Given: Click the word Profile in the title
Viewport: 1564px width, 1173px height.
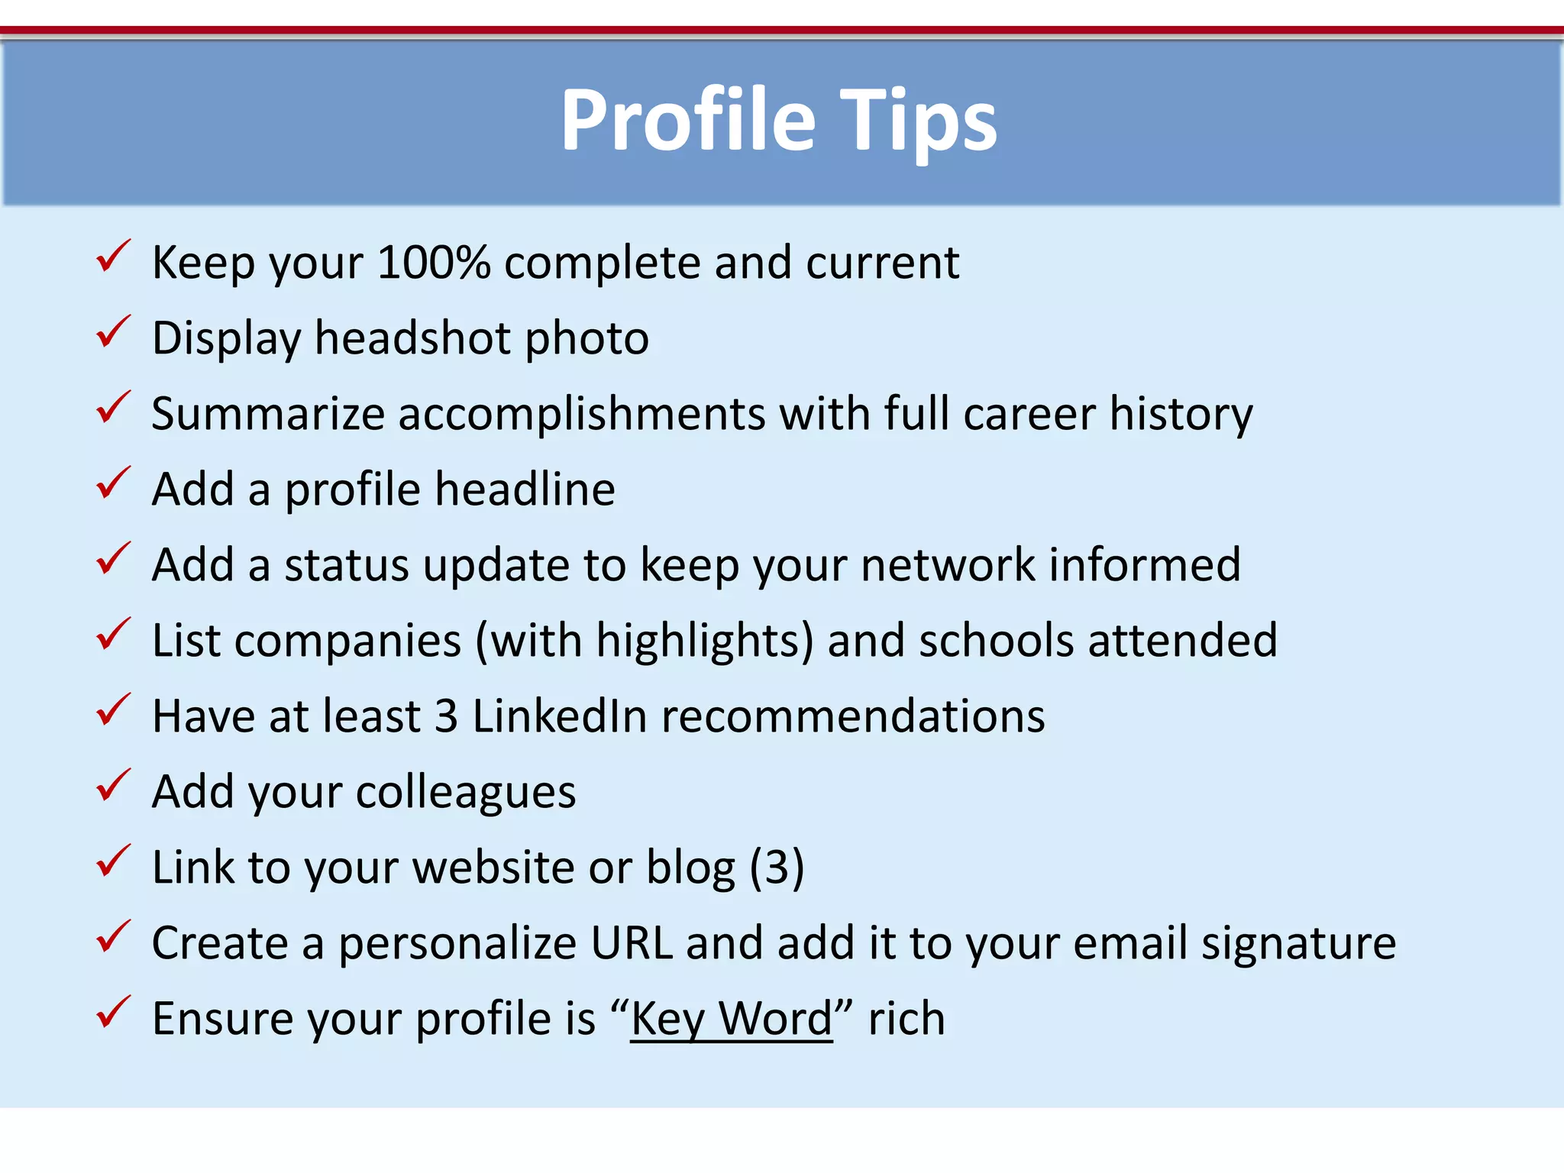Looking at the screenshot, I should (x=687, y=121).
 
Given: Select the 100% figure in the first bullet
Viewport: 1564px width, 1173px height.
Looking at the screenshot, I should (x=433, y=263).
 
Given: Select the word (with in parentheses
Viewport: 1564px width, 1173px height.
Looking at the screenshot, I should (x=528, y=640).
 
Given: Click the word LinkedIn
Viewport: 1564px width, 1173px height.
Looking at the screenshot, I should (x=559, y=716).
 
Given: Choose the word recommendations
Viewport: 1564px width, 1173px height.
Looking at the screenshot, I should (x=853, y=716).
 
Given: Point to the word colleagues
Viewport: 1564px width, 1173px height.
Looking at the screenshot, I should (x=466, y=792).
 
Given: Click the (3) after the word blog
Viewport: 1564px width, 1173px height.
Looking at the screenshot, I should (x=777, y=868).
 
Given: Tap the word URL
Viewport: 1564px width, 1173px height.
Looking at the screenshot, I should (x=632, y=943).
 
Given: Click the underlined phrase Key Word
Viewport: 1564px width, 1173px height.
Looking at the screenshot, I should (x=731, y=1019).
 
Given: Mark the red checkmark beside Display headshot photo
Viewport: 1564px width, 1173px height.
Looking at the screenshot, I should (x=113, y=332).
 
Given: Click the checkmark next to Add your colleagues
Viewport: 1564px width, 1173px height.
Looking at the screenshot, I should (x=113, y=786).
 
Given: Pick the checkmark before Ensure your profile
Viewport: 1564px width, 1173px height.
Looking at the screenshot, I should (x=113, y=1013).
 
